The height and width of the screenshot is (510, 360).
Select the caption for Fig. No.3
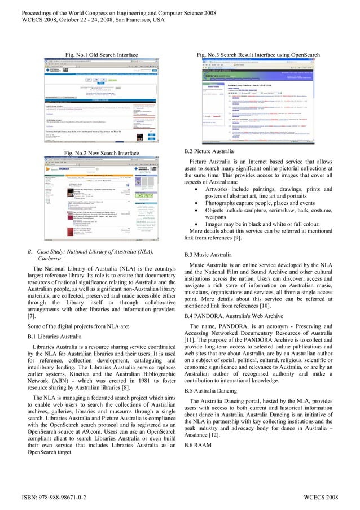coord(258,55)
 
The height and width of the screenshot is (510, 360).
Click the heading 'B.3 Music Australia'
coord(208,255)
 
